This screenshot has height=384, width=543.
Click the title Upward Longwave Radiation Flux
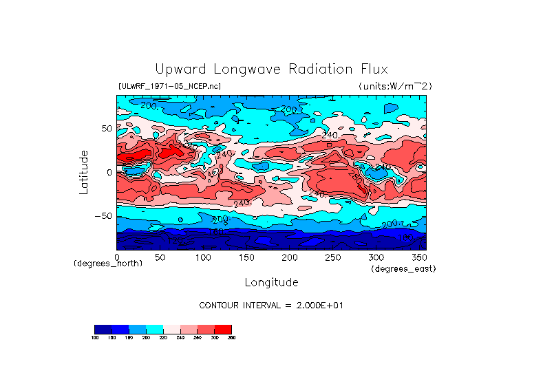point(271,70)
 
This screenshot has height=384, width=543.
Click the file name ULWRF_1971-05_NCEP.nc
point(169,86)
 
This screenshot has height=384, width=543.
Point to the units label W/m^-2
point(395,86)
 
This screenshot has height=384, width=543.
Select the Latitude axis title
point(84,172)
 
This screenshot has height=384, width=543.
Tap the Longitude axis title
point(271,282)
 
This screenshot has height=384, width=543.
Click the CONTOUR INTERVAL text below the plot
point(271,305)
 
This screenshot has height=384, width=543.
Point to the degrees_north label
point(109,264)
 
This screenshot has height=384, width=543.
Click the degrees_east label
point(403,269)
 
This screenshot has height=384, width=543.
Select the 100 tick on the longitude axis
point(203,257)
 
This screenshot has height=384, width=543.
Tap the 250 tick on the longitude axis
point(332,257)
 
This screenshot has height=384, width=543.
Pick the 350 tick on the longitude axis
point(418,257)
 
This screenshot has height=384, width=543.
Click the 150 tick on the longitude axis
point(246,257)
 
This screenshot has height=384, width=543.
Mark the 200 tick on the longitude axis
point(289,257)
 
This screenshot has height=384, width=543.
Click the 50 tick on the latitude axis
point(106,129)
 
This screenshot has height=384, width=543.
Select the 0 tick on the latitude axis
point(109,172)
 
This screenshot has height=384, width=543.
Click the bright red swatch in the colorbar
point(223,329)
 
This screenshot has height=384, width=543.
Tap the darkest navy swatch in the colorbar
point(103,329)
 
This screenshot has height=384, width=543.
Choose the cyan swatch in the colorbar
point(154,329)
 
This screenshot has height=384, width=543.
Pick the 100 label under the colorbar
point(95,337)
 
